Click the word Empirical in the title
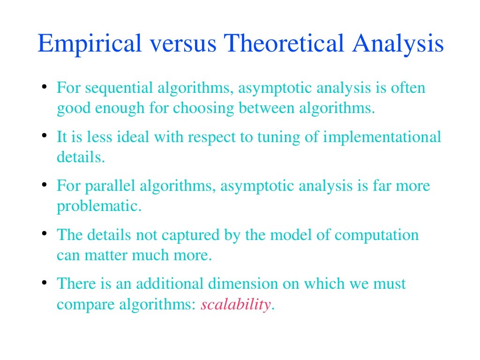(89, 44)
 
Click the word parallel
(111, 186)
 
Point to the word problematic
(99, 206)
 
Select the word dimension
(243, 284)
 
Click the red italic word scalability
(236, 305)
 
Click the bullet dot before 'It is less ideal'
(44, 135)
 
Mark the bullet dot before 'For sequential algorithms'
(44, 86)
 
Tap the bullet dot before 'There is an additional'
(44, 282)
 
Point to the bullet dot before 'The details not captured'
(44, 233)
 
